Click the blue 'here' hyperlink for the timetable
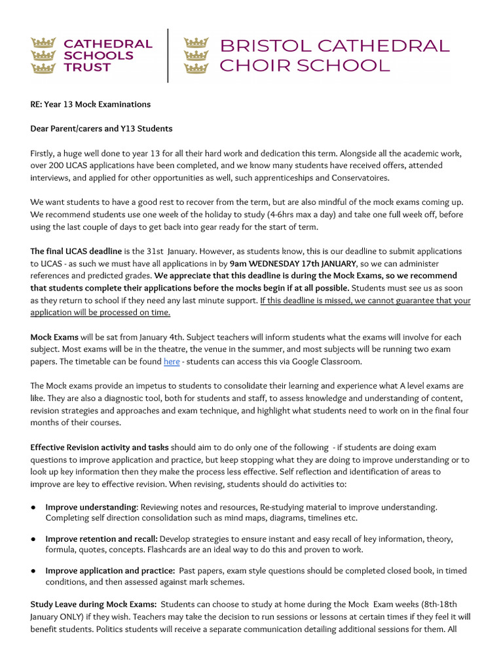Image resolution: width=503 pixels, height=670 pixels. tap(172, 361)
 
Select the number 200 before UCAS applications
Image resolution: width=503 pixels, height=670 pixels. tap(62, 166)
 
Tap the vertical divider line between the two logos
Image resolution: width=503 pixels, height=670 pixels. tap(168, 55)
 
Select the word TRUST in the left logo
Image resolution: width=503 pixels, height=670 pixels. tap(87, 67)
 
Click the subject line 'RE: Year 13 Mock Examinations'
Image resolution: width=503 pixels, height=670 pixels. tap(90, 104)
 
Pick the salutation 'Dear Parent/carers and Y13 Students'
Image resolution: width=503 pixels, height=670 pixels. tap(102, 128)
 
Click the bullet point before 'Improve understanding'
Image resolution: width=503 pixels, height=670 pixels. tap(33, 507)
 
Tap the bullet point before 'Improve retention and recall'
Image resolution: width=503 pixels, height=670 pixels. tap(33, 539)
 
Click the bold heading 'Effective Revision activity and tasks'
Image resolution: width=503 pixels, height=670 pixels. tap(100, 448)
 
